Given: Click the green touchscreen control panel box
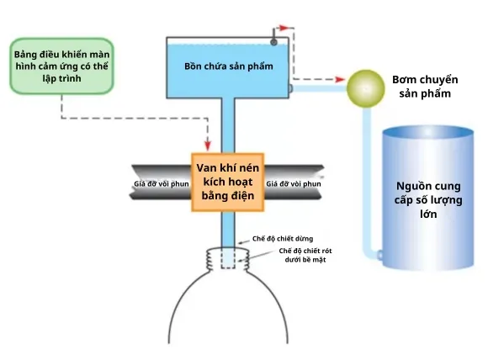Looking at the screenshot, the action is (x=62, y=66).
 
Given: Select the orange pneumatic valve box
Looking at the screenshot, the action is (x=228, y=183).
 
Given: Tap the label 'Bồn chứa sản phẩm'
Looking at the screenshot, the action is (x=229, y=66).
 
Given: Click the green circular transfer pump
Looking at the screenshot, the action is (x=366, y=88).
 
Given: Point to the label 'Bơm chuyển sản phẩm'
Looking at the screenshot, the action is (x=425, y=86).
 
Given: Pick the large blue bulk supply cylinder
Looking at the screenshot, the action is (x=428, y=198).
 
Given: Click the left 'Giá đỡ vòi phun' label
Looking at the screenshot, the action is (x=162, y=184).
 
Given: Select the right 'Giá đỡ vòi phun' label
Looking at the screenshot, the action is (x=294, y=184).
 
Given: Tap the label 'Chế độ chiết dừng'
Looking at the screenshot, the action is (x=283, y=239).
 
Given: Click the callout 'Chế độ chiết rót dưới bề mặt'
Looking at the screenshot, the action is (x=305, y=255).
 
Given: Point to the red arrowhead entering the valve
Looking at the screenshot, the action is (x=208, y=146).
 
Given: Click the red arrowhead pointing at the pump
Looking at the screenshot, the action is (x=340, y=79).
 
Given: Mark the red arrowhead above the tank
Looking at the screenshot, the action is (x=284, y=28).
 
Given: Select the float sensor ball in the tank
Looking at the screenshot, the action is (x=274, y=42).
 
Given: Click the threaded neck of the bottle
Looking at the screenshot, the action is (x=228, y=259).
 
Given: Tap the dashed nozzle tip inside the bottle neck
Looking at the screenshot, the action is (x=228, y=257).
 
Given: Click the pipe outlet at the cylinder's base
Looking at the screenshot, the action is (x=379, y=255).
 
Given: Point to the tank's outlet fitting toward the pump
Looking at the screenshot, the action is (x=290, y=88).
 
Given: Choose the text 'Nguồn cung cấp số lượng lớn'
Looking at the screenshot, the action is (x=428, y=200).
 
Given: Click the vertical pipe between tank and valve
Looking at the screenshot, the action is (x=228, y=125).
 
